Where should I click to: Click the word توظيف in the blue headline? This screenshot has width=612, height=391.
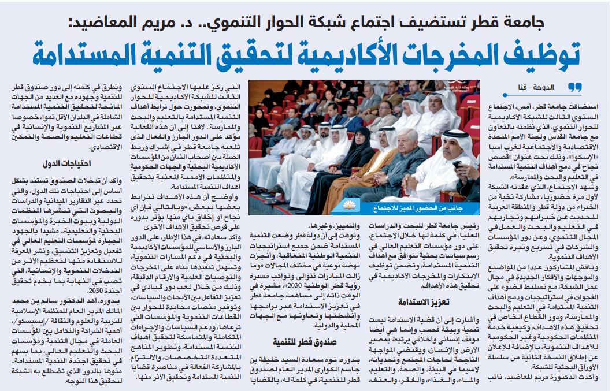pos(543,55)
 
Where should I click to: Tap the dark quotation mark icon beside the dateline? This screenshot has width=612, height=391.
pos(574,87)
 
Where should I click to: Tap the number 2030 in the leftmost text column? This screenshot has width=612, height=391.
pos(111,290)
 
